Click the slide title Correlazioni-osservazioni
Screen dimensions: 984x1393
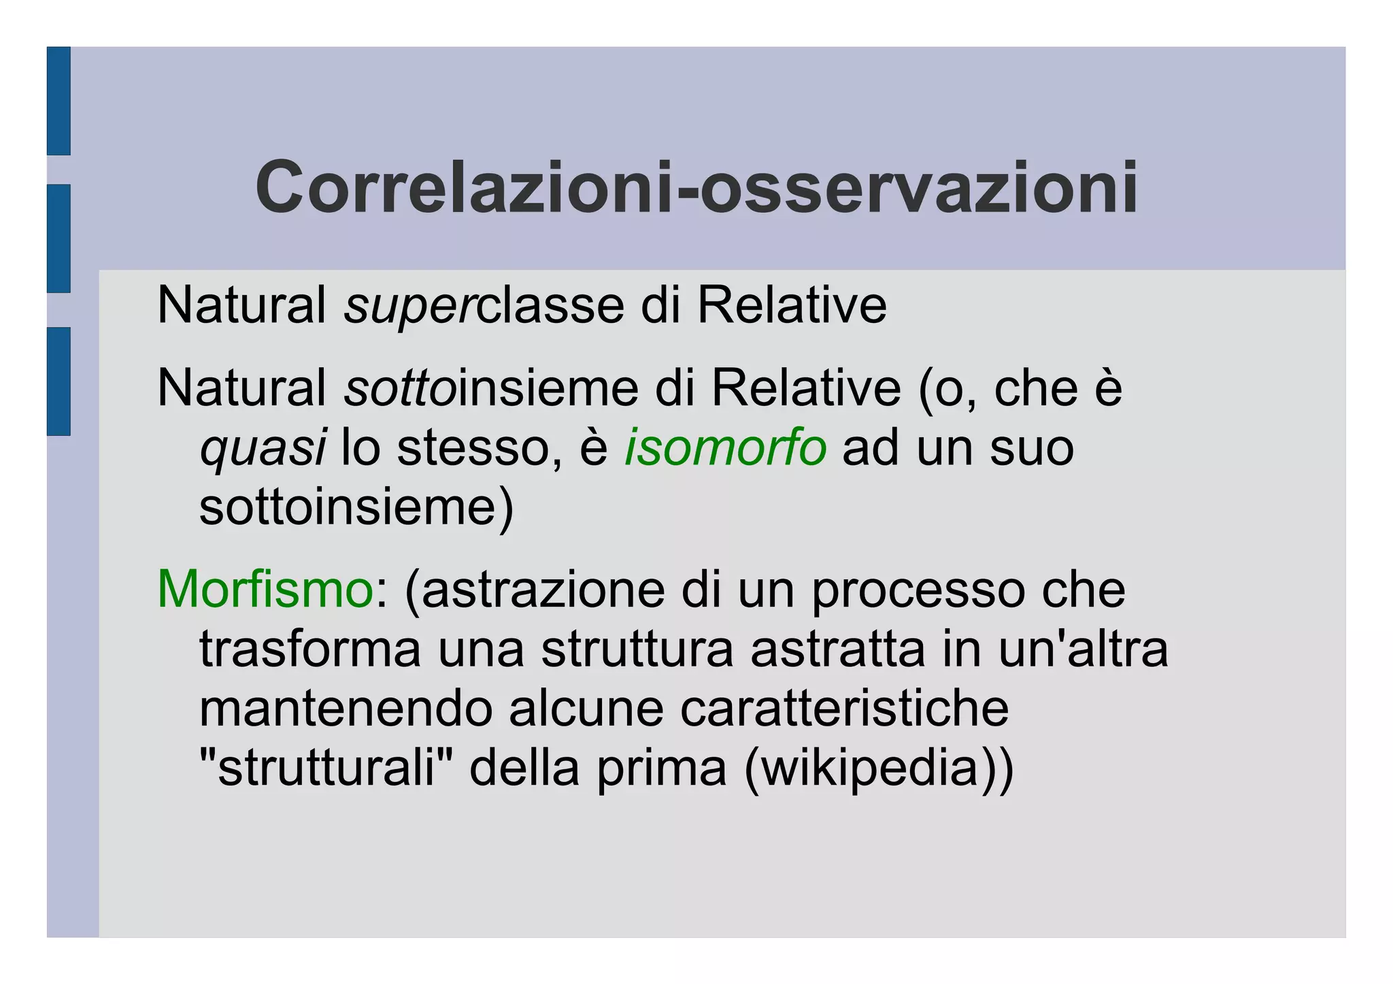coord(696,187)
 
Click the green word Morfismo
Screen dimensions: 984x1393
coord(265,589)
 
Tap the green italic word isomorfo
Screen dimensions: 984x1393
coord(725,448)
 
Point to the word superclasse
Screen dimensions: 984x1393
coord(484,306)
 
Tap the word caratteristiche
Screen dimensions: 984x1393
coord(844,709)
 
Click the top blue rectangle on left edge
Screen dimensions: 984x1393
coord(58,101)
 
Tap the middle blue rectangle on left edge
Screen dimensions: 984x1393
coord(58,238)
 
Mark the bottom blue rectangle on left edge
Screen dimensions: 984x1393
coord(58,381)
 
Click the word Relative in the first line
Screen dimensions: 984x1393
coord(792,305)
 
